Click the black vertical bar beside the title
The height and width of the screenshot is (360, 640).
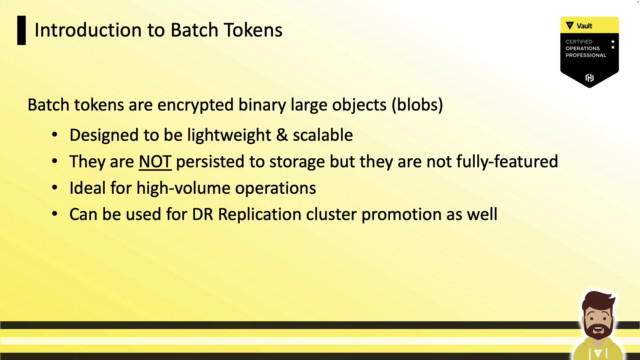pyautogui.click(x=21, y=30)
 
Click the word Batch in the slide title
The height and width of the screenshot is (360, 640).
pyautogui.click(x=194, y=30)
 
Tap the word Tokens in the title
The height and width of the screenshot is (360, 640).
pyautogui.click(x=253, y=30)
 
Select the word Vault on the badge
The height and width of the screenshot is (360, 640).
pyautogui.click(x=584, y=26)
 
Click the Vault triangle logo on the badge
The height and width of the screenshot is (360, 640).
pyautogui.click(x=570, y=26)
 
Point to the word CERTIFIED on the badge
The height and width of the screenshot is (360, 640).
pyautogui.click(x=579, y=42)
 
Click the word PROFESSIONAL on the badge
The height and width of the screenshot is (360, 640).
pyautogui.click(x=586, y=55)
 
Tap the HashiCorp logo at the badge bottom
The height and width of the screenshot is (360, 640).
pyautogui.click(x=589, y=78)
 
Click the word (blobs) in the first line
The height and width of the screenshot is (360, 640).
pyautogui.click(x=417, y=105)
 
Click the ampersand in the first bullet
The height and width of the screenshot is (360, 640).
pyautogui.click(x=282, y=135)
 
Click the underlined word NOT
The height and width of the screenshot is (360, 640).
pyautogui.click(x=155, y=162)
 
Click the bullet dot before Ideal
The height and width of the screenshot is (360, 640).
pyautogui.click(x=55, y=188)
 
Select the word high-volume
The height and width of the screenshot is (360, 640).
pyautogui.click(x=183, y=188)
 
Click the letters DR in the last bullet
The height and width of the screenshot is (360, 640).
pyautogui.click(x=202, y=214)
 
